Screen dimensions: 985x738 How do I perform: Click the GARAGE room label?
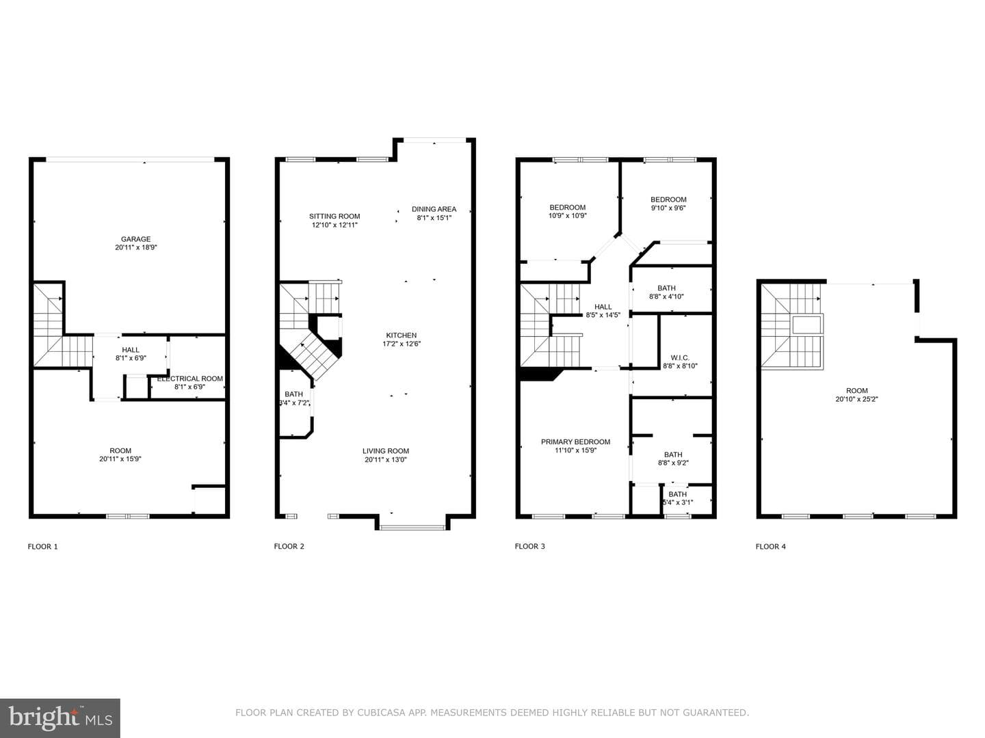coord(135,239)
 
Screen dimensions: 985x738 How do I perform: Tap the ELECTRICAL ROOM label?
coord(190,379)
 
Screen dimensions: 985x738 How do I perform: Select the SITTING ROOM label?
coord(334,217)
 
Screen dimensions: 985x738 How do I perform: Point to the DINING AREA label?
coord(434,209)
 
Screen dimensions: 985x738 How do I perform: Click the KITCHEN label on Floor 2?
coord(401,335)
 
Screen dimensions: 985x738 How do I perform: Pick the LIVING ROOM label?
coord(386,451)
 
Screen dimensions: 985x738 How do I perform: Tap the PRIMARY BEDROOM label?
coord(575,442)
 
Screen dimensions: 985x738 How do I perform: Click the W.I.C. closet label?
coord(680,357)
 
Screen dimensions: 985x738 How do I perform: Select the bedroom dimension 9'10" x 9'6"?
coord(668,208)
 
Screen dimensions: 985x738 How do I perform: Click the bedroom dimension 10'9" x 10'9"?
coord(567,215)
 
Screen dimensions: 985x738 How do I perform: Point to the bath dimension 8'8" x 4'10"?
coord(666,296)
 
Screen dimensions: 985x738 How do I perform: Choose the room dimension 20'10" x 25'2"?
coord(856,399)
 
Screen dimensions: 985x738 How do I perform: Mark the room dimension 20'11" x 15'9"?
coord(120,459)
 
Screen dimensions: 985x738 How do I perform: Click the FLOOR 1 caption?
coord(42,546)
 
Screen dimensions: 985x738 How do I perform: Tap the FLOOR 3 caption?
coord(529,546)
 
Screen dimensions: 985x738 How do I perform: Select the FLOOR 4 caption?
coord(770,546)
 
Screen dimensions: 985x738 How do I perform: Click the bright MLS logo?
coord(60,718)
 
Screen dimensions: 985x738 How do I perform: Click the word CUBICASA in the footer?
coord(382,713)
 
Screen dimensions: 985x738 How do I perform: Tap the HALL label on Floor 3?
coord(603,307)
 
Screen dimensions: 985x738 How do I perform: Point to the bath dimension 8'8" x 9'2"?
coord(673,463)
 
